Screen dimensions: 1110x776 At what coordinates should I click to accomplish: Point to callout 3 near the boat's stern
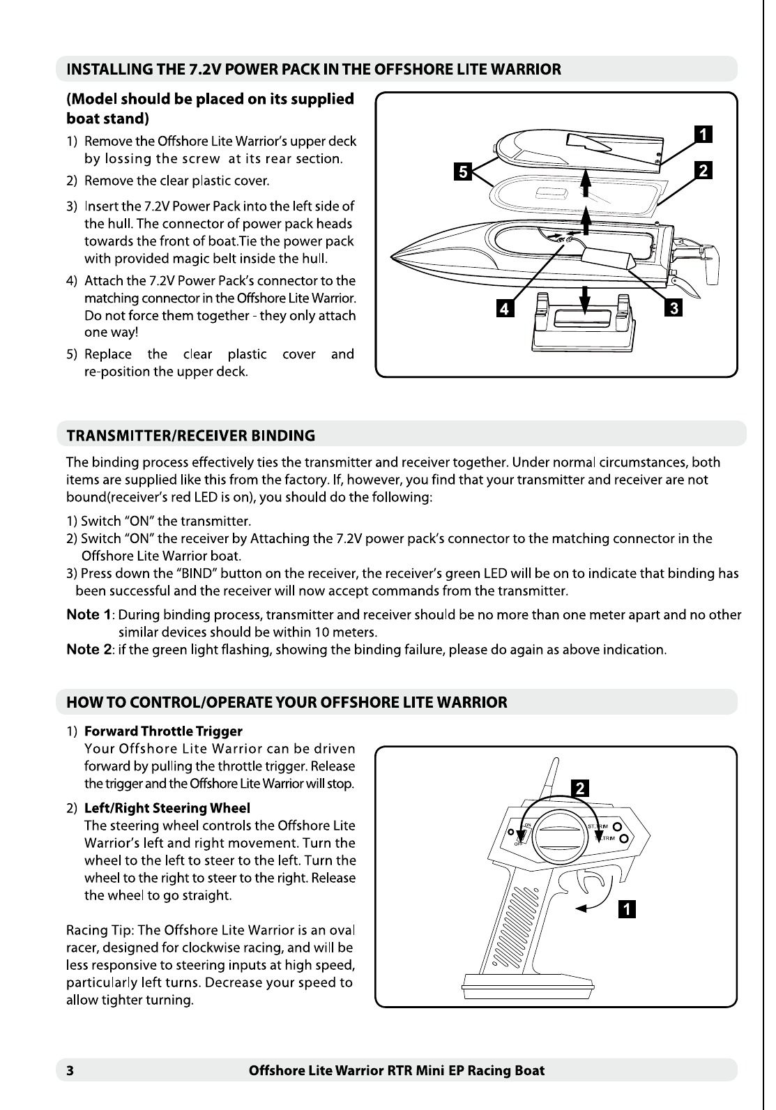click(x=673, y=307)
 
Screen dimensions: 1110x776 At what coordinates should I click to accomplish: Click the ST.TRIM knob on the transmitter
click(x=617, y=828)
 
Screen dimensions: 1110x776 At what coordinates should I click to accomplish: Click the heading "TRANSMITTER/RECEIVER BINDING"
click(x=190, y=436)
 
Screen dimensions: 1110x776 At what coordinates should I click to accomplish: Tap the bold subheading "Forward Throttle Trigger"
click(x=163, y=731)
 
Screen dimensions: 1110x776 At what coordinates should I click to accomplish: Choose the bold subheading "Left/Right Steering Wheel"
click(x=167, y=808)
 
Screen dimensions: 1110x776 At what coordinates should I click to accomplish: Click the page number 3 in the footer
click(x=70, y=1070)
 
